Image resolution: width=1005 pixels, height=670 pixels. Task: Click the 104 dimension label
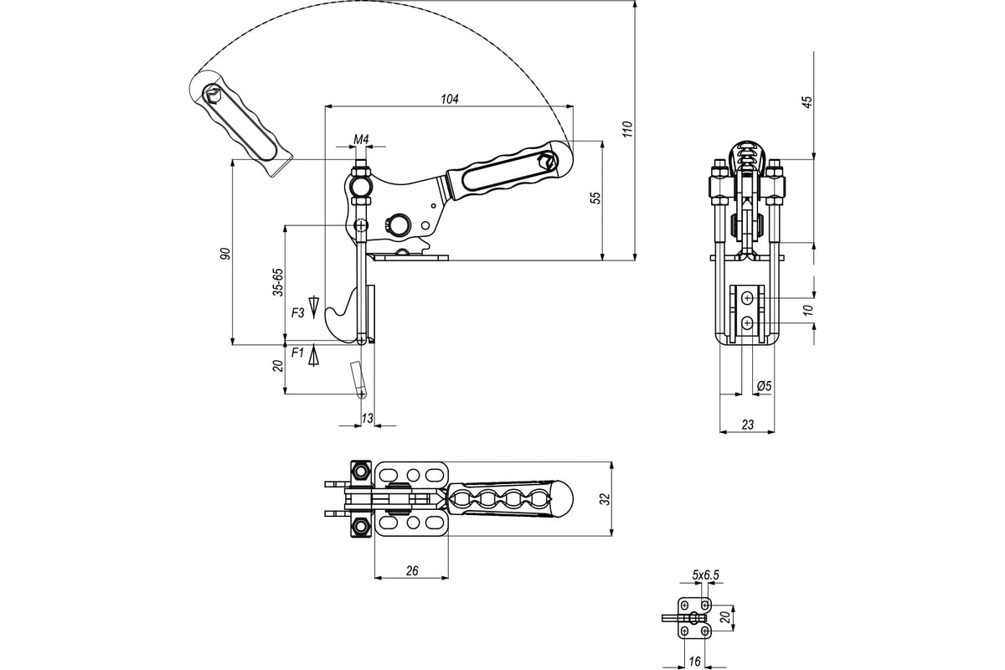tap(450, 99)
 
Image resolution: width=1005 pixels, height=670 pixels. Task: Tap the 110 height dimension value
tap(627, 129)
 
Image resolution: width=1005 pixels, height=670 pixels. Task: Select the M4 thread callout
tap(361, 140)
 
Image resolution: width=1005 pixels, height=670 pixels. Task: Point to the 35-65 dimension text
tap(278, 282)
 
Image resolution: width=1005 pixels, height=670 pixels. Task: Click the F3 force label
tap(298, 312)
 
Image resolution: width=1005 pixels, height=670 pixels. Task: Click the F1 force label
tap(297, 353)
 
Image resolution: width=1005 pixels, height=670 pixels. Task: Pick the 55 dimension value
tap(595, 198)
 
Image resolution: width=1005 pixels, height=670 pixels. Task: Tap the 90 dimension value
tap(225, 254)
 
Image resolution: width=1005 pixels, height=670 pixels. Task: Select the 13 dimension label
tap(367, 418)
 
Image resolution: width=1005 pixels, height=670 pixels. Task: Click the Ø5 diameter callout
tap(764, 385)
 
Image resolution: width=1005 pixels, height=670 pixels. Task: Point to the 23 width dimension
tap(747, 424)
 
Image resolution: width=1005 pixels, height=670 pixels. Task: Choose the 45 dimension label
tap(807, 102)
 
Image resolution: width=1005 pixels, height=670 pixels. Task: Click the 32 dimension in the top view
tap(606, 499)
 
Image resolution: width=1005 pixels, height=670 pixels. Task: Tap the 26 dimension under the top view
tap(412, 571)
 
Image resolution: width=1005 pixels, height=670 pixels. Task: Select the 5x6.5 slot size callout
tap(705, 575)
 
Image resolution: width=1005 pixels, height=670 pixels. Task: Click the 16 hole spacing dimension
tap(694, 662)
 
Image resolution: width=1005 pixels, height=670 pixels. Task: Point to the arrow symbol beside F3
tap(313, 307)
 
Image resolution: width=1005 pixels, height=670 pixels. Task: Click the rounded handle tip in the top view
tap(564, 498)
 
